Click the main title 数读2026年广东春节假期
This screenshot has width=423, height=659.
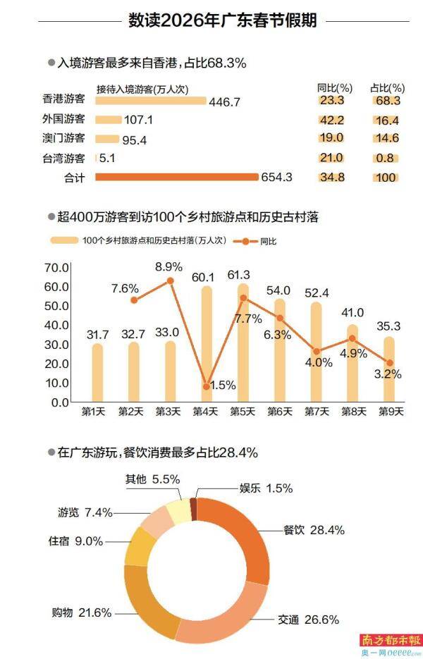[x=222, y=20]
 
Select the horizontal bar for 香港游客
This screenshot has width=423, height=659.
[x=151, y=101]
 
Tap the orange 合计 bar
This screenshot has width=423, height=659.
[x=176, y=178]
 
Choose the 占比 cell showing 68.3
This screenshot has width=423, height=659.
[x=387, y=101]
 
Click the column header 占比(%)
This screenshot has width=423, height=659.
[x=387, y=88]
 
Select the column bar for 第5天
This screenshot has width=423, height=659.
[x=243, y=343]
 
